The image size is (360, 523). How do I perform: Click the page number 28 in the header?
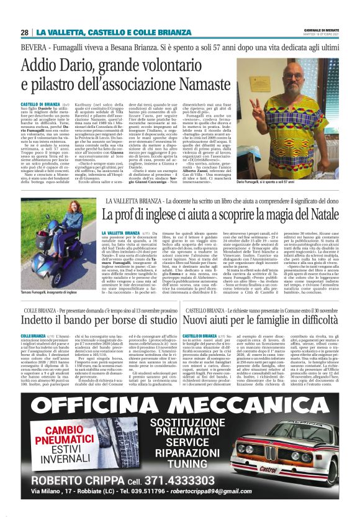pyautogui.click(x=25, y=32)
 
